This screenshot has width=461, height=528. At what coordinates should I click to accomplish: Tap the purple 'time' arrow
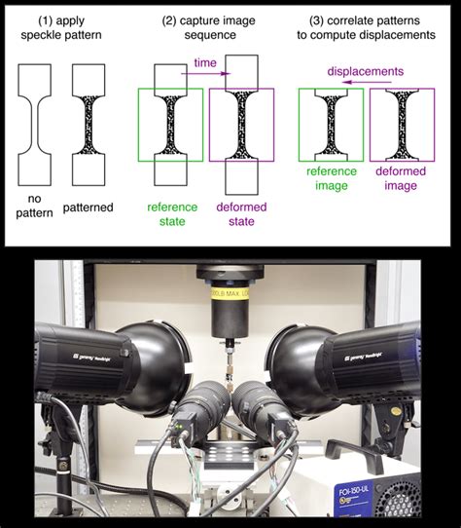pyautogui.click(x=204, y=71)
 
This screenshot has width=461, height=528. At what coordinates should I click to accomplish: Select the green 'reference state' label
pyautogui.click(x=171, y=214)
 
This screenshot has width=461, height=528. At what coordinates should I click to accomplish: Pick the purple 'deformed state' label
pyautogui.click(x=242, y=214)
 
